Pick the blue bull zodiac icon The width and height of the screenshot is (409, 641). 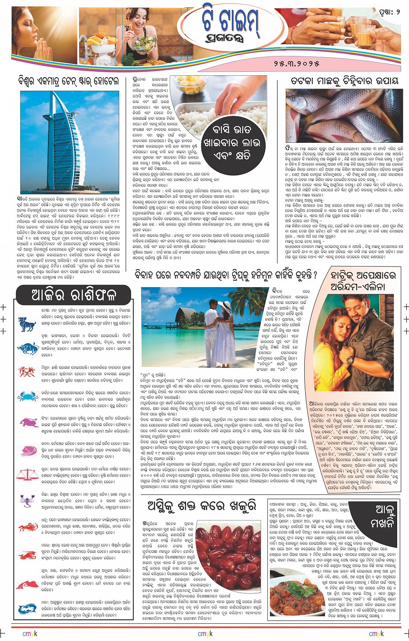pyautogui.click(x=27, y=348)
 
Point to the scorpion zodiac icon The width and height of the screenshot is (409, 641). pyautogui.click(x=27, y=500)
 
